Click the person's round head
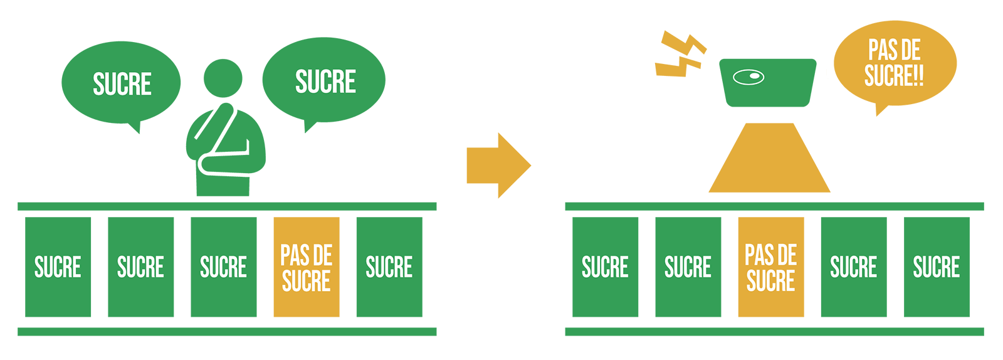[223, 78]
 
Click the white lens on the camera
[748, 77]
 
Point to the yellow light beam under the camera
[769, 161]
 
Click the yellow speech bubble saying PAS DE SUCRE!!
[895, 63]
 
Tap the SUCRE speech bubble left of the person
[121, 83]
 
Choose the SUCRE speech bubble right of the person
[324, 80]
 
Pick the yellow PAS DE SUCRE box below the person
[306, 267]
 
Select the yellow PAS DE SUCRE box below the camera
[770, 267]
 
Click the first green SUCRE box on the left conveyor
[58, 267]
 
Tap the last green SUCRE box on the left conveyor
[389, 267]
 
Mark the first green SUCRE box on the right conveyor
[605, 267]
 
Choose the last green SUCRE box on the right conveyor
[937, 267]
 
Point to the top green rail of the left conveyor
[227, 206]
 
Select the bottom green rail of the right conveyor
[774, 332]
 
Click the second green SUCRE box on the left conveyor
[140, 267]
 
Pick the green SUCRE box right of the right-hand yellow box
[853, 267]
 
